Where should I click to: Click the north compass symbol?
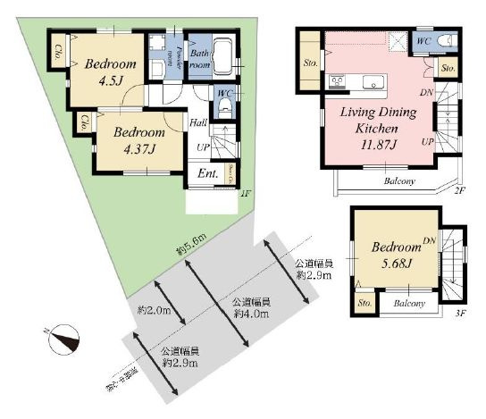pyautogui.click(x=65, y=340)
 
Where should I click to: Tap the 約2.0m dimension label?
pyautogui.click(x=154, y=311)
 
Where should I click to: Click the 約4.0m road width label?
pyautogui.click(x=250, y=308)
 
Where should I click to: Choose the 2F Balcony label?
pyautogui.click(x=399, y=180)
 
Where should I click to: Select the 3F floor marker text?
pyautogui.click(x=460, y=314)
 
